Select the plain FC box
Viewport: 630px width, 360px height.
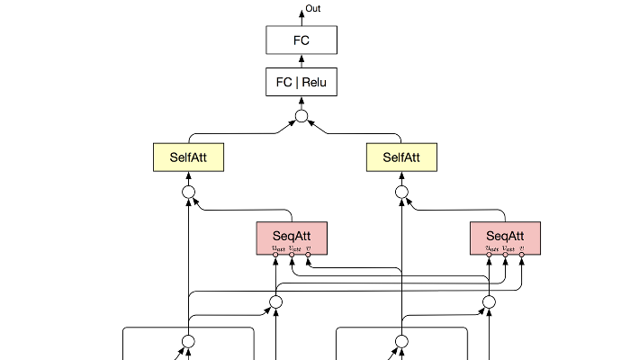(301, 40)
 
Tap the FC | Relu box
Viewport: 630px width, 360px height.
(301, 84)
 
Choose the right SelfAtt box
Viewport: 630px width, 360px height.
(401, 157)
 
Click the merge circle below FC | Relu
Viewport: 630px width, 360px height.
(301, 117)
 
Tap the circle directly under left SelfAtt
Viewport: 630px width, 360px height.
(189, 193)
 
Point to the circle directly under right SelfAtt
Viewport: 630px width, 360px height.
(401, 193)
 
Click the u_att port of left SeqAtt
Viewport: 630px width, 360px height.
(276, 255)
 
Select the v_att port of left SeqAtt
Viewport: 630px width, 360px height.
(292, 255)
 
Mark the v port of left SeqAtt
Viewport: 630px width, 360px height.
(308, 255)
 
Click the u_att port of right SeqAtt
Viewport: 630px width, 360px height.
(490, 255)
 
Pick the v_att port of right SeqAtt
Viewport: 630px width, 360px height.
(506, 255)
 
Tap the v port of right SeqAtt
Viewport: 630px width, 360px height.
(521, 255)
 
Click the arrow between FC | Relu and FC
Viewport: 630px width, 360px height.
(301, 62)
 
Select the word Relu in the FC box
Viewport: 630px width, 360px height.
(313, 84)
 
